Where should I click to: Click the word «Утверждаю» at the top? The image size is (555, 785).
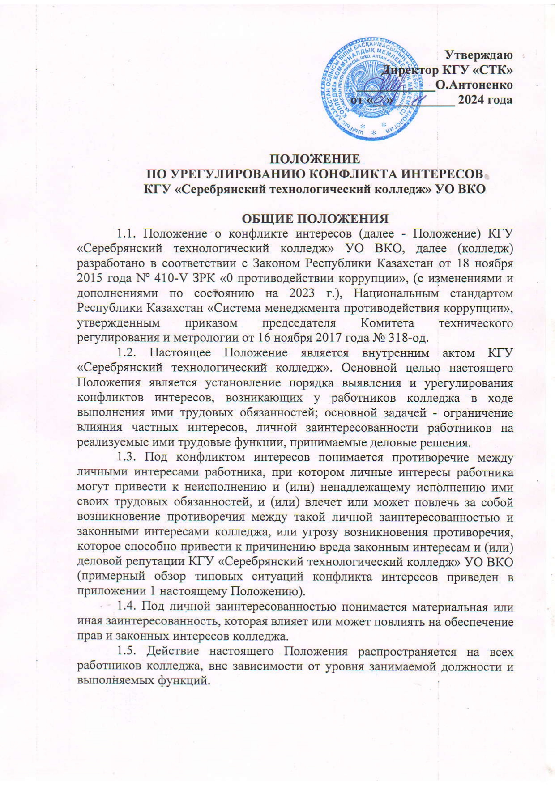click(478, 55)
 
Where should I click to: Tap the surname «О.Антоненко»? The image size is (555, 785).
click(474, 85)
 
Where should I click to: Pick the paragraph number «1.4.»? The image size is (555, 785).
click(127, 607)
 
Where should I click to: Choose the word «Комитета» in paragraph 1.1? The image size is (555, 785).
click(387, 323)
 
